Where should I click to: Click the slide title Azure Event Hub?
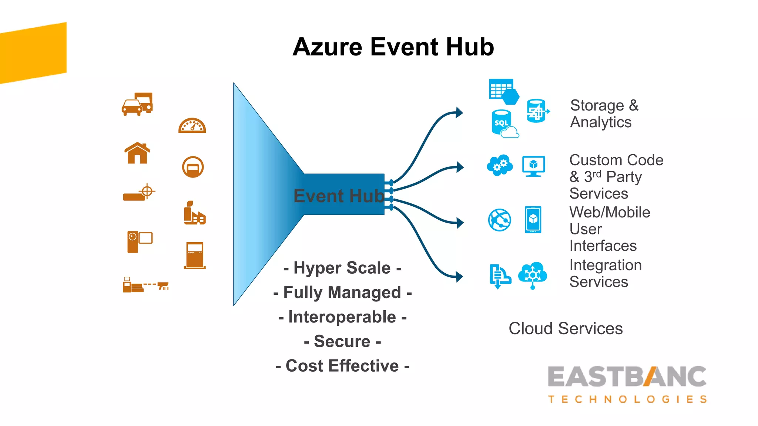tap(393, 47)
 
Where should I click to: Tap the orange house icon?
tap(137, 153)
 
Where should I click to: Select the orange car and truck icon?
tap(137, 104)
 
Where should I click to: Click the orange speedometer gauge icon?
tap(192, 126)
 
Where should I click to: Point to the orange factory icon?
tap(194, 213)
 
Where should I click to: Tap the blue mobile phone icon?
tap(533, 220)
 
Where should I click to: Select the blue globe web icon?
tap(500, 220)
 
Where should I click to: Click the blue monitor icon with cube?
tap(533, 166)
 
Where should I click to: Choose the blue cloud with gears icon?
tap(500, 165)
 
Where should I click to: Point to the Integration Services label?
tap(605, 273)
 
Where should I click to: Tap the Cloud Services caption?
tap(566, 328)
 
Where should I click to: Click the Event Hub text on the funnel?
tap(339, 196)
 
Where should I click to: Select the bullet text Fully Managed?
tap(342, 293)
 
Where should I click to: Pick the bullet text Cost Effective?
tap(342, 366)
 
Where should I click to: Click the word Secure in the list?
tap(342, 341)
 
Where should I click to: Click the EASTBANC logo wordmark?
tap(627, 377)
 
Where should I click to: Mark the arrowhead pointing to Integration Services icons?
tap(459, 277)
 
